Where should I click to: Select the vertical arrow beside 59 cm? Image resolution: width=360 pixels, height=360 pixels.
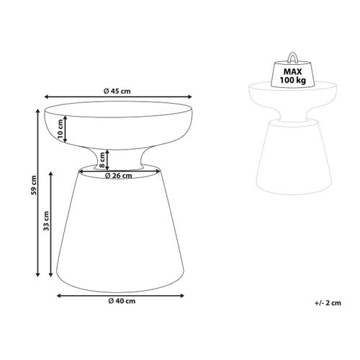click(37, 192)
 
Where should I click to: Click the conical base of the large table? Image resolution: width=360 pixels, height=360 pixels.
click(120, 230)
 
